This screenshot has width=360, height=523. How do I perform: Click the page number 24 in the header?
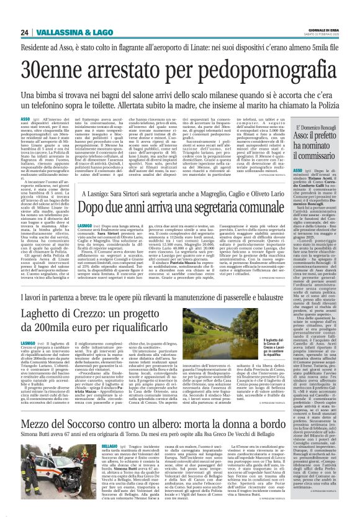point(24,16)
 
